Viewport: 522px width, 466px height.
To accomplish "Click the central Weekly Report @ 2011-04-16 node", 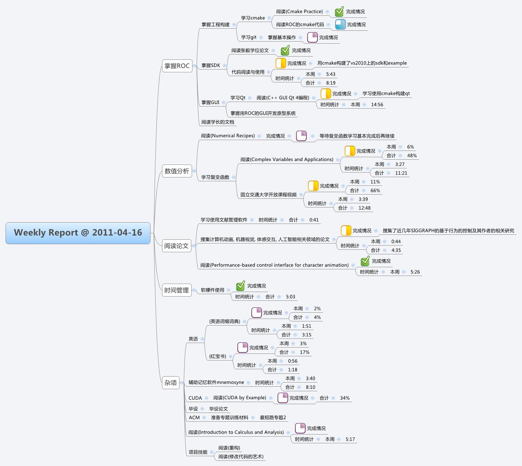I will point(78,233).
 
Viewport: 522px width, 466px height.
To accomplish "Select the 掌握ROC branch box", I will point(177,66).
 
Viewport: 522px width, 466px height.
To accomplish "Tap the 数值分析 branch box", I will point(177,171).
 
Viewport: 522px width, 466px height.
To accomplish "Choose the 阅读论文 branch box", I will point(176,246).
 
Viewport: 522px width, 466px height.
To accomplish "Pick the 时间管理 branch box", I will point(176,290).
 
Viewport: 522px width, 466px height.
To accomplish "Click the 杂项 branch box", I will point(170,383).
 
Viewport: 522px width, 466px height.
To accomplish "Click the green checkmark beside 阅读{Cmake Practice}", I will point(339,12).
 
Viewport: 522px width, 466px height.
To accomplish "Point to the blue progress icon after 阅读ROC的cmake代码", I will point(340,24).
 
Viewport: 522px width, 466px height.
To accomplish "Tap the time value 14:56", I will point(377,104).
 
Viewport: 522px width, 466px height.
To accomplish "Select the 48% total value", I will point(412,155).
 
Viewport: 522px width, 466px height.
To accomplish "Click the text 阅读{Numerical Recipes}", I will point(228,136).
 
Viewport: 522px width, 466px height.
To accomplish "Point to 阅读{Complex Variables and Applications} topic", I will point(287,159).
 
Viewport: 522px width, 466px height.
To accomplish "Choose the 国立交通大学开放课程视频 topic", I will point(268,195).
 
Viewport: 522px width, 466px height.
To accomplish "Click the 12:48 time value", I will point(364,208).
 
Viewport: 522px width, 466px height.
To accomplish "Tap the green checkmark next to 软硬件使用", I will point(240,286).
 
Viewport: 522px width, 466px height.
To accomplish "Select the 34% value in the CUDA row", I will point(345,398).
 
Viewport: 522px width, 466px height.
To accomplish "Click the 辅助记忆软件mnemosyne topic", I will point(216,382).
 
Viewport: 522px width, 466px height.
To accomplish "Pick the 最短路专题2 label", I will point(273,417).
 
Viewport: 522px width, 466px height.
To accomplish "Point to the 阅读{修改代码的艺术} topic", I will point(241,456).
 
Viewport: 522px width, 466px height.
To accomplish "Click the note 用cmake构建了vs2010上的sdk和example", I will point(362,63).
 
